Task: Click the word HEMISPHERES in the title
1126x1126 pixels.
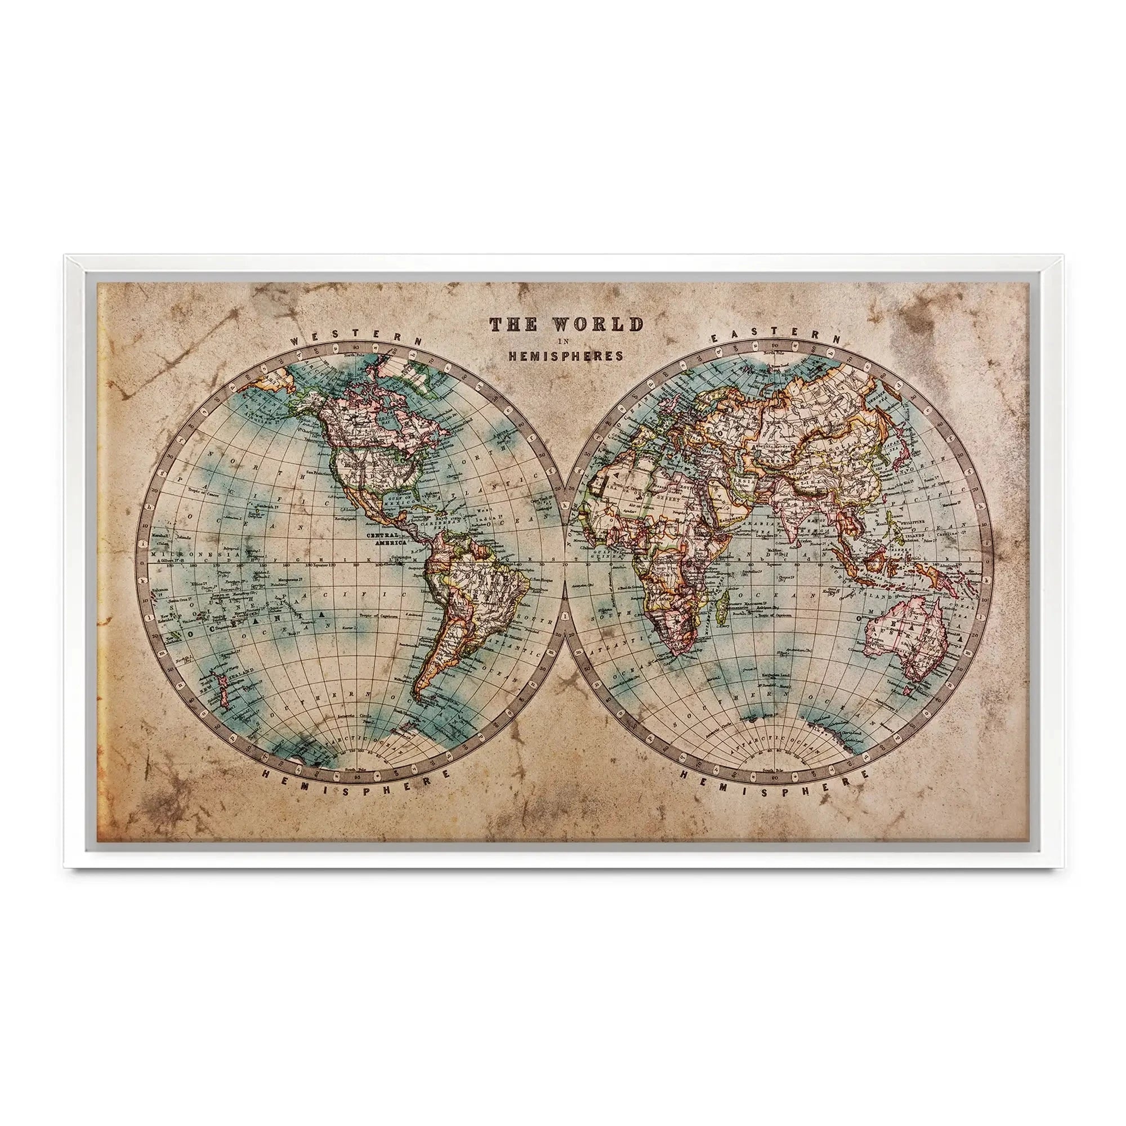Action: (x=566, y=355)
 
